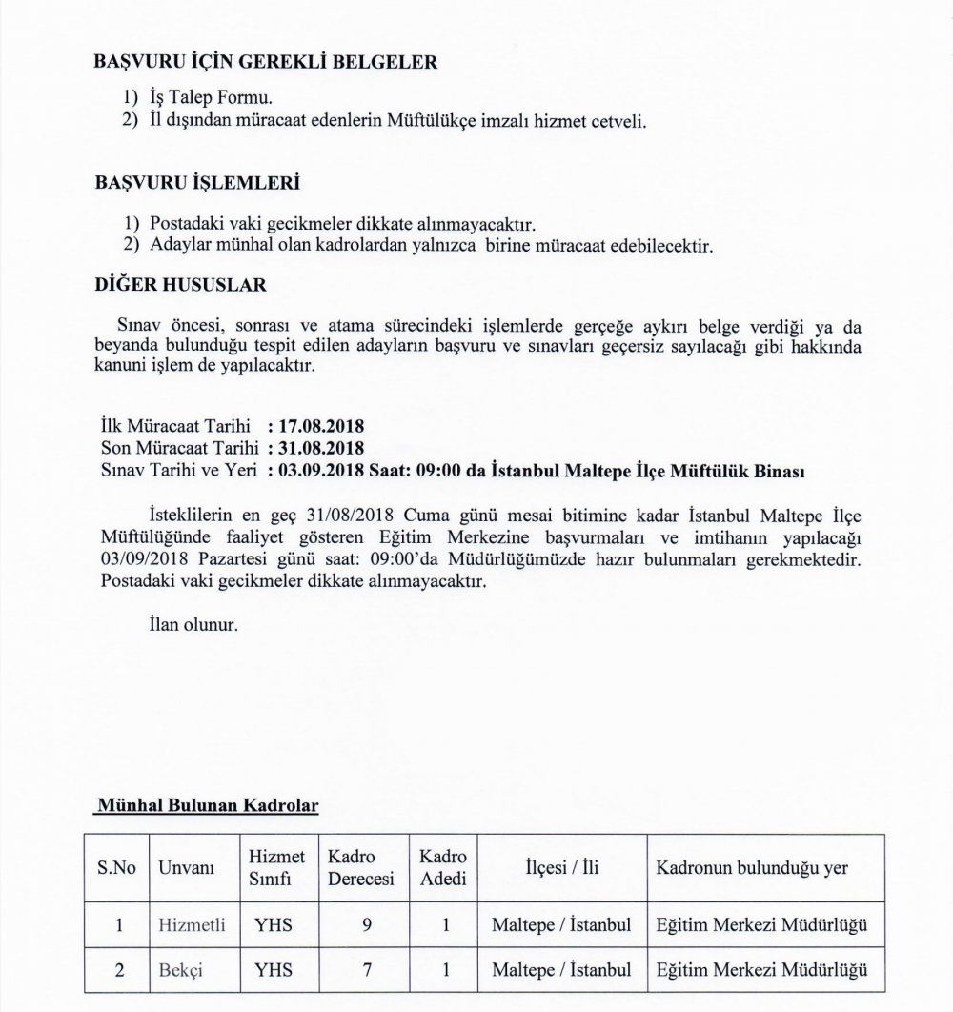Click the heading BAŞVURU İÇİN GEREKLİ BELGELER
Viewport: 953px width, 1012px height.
[266, 63]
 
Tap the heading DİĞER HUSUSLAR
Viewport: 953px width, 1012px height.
[181, 285]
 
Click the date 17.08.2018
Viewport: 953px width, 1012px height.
[321, 426]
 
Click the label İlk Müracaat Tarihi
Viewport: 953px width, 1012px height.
[175, 426]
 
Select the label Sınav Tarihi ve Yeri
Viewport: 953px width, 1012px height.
[179, 470]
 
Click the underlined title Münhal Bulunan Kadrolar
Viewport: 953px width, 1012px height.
[207, 806]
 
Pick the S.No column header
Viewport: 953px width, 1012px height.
[116, 868]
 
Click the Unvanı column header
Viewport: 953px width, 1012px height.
[186, 868]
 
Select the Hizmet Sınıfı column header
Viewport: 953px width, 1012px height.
[276, 867]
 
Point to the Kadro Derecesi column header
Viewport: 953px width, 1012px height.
[361, 867]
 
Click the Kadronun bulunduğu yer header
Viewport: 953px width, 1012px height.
[752, 868]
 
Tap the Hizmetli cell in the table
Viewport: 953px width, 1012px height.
[193, 924]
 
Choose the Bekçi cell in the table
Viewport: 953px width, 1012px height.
[181, 970]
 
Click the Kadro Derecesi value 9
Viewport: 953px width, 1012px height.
[368, 924]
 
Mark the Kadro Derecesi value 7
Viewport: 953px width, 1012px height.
[368, 970]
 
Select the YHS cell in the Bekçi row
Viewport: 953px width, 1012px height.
[274, 970]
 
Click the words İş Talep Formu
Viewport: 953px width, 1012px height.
[212, 98]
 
